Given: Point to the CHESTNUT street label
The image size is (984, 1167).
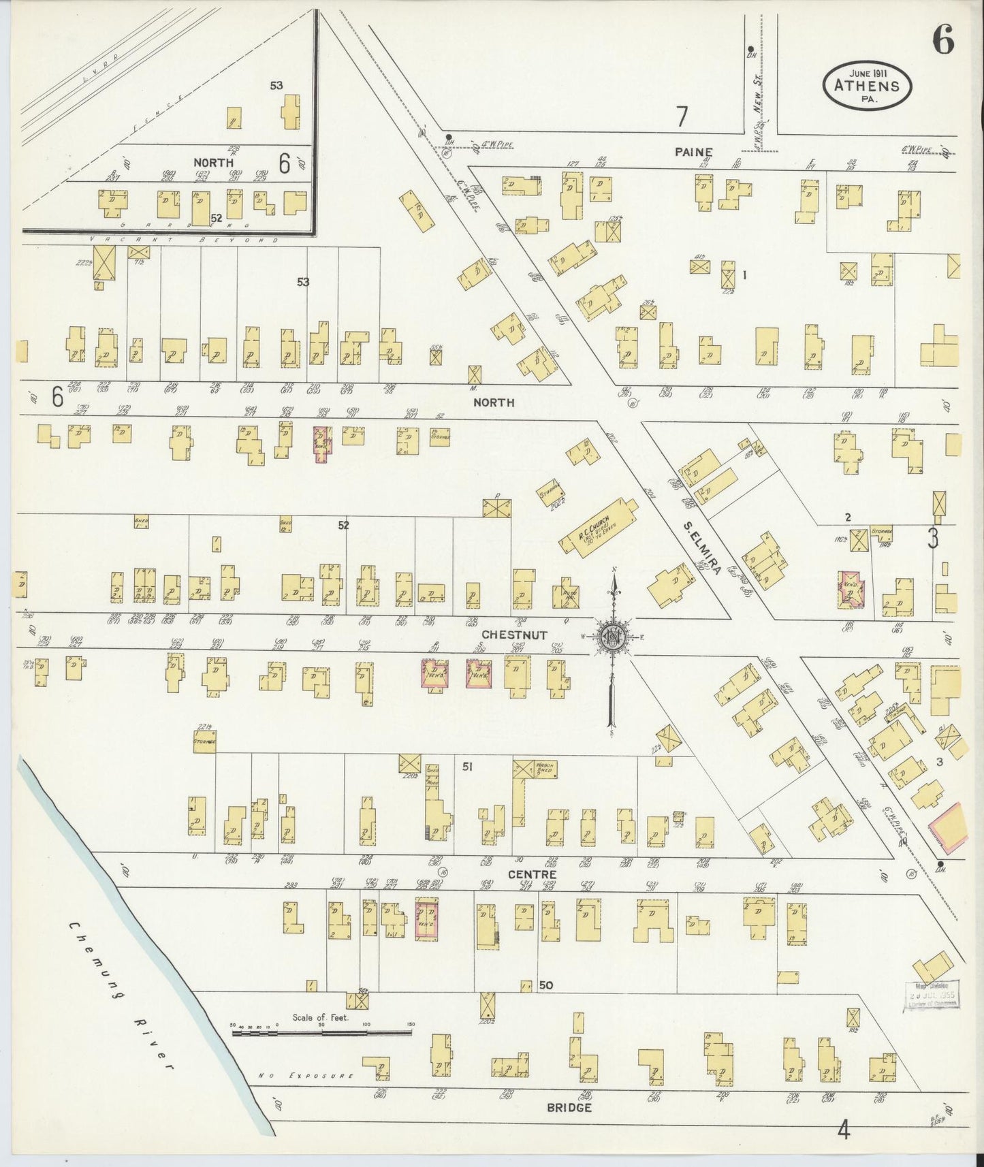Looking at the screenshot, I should [524, 635].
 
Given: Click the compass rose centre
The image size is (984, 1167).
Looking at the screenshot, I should [613, 636].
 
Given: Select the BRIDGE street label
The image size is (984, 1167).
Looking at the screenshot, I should [569, 1108].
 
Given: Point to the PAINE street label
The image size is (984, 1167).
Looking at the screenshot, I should [693, 152].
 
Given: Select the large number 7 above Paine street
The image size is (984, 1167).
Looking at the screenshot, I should [682, 118].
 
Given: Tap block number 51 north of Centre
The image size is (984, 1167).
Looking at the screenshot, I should [467, 767].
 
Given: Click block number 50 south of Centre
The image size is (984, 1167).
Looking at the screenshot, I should [545, 985].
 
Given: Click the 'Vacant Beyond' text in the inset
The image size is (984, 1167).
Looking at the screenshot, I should [184, 240].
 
